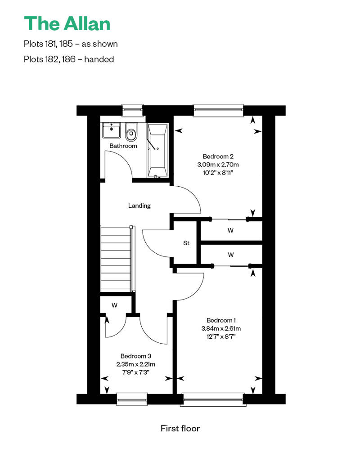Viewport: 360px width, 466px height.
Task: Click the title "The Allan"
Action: (x=67, y=24)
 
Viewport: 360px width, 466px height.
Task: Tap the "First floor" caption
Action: (x=180, y=428)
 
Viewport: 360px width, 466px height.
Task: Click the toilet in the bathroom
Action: (x=131, y=132)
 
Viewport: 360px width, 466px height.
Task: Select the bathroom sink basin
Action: (x=112, y=130)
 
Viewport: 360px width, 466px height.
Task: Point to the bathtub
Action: (x=157, y=150)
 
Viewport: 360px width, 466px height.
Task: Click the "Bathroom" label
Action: (x=123, y=146)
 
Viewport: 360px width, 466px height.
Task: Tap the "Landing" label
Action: (x=139, y=206)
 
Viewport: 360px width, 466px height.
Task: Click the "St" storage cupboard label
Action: (x=186, y=243)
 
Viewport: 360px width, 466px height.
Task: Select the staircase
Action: (x=116, y=259)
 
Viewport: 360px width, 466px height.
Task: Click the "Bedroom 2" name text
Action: (x=218, y=157)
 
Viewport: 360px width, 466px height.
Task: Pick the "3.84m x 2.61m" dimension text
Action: (x=221, y=328)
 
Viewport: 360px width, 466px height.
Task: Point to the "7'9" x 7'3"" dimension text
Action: (x=135, y=372)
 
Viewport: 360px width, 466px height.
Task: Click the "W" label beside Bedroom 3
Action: (x=114, y=305)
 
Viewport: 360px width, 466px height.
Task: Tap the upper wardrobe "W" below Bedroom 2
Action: (x=230, y=230)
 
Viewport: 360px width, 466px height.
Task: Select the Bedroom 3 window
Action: (x=132, y=399)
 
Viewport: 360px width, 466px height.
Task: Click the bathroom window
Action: (x=133, y=110)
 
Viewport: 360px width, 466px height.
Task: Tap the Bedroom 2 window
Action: (x=218, y=110)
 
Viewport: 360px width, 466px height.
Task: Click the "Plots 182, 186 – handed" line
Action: (x=69, y=59)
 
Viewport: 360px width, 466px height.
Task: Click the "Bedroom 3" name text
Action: (x=136, y=356)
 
